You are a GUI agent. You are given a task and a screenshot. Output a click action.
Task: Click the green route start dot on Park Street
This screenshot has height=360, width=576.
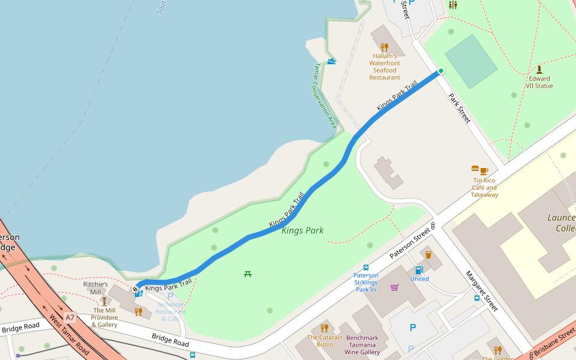pyautogui.click(x=440, y=71)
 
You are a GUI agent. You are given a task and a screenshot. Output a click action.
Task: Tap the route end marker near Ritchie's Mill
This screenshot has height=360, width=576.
pyautogui.click(x=136, y=289)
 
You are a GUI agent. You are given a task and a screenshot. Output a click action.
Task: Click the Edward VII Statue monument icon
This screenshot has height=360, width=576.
pyautogui.click(x=539, y=70)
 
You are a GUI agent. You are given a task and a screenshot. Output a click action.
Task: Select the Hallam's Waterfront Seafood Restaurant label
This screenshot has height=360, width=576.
pyautogui.click(x=385, y=67)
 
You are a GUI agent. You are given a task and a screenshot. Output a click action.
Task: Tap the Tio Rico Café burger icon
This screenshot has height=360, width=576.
pyautogui.click(x=476, y=170)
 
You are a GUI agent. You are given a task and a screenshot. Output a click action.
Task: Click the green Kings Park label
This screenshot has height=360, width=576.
pyautogui.click(x=302, y=230)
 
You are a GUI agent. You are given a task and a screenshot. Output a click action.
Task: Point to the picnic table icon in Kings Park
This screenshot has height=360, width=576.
pyautogui.click(x=248, y=274)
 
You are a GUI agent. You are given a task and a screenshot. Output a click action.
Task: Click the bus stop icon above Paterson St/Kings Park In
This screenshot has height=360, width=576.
pyautogui.click(x=365, y=267)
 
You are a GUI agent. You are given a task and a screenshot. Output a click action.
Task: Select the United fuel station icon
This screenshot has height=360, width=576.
pyautogui.click(x=419, y=270)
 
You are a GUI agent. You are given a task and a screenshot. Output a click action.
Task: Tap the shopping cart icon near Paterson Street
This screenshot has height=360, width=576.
pyautogui.click(x=394, y=287)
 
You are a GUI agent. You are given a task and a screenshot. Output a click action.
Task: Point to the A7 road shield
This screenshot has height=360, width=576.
pyautogui.click(x=70, y=317)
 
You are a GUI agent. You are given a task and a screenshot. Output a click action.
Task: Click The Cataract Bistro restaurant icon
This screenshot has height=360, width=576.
pyautogui.click(x=325, y=328)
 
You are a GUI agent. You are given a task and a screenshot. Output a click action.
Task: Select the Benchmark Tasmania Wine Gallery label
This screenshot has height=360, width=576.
pyautogui.click(x=362, y=345)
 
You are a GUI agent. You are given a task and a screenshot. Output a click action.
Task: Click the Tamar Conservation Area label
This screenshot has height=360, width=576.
pyautogui.click(x=324, y=95)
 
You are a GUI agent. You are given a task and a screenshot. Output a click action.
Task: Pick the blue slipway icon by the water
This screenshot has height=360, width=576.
pyautogui.click(x=332, y=61)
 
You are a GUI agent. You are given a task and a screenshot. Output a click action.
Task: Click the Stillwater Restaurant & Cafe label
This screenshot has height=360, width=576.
pyautogui.click(x=170, y=311)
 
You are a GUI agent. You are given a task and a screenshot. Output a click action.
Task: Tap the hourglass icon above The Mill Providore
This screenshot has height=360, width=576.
pyautogui.click(x=104, y=301)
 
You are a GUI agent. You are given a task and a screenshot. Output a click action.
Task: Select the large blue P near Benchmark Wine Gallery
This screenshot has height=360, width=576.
pyautogui.click(x=412, y=328)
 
